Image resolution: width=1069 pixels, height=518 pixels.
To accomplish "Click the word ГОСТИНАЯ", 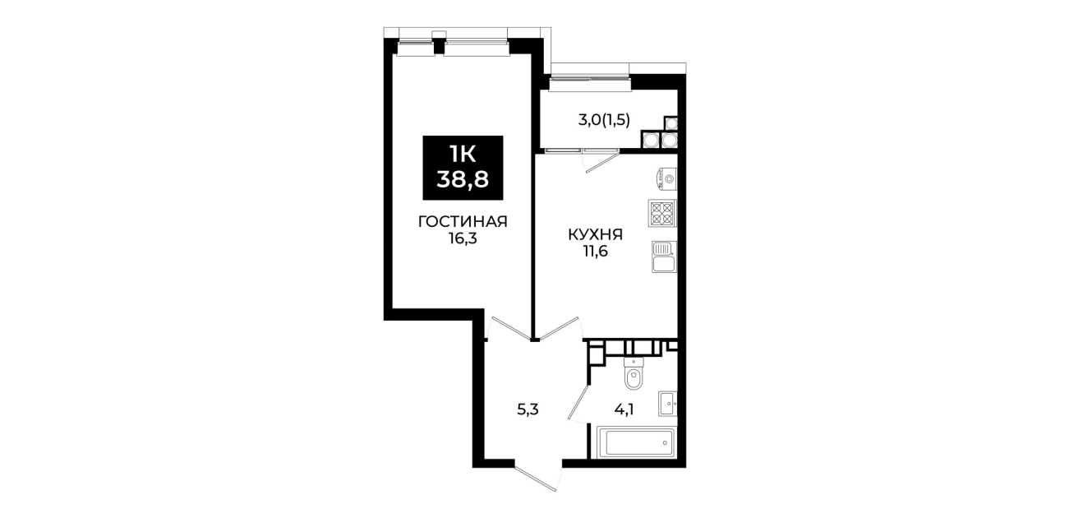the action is click(x=463, y=221).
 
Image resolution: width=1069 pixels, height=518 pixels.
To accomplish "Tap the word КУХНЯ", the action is click(x=595, y=234).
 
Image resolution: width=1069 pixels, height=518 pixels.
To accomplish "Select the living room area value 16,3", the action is click(x=463, y=238).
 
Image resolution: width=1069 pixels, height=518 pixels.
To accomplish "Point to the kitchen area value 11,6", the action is click(x=595, y=252).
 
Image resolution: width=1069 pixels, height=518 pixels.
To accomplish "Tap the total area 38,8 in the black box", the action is click(x=463, y=180).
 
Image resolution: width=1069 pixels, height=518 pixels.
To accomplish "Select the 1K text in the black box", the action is click(x=463, y=155).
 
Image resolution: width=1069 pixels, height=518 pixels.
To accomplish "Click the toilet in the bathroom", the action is click(x=634, y=373).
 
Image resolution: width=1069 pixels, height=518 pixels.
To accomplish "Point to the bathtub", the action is click(x=634, y=443).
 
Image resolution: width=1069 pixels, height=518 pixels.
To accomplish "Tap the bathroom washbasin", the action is click(x=667, y=404).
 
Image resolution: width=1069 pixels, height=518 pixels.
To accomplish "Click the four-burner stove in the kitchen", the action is click(x=662, y=214).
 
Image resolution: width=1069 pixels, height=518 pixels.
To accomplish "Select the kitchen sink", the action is click(x=664, y=257).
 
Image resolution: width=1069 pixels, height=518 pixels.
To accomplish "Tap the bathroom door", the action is click(x=578, y=404).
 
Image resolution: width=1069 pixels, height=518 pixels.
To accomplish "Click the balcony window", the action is click(x=590, y=84).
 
